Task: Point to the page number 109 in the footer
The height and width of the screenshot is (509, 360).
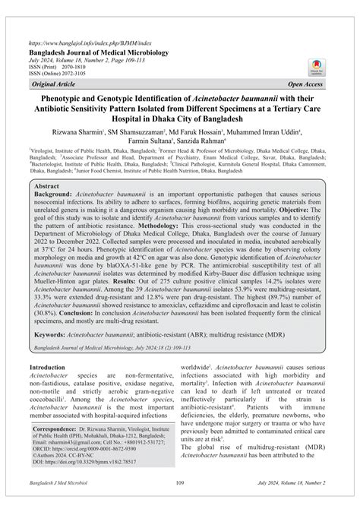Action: click(180, 502)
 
